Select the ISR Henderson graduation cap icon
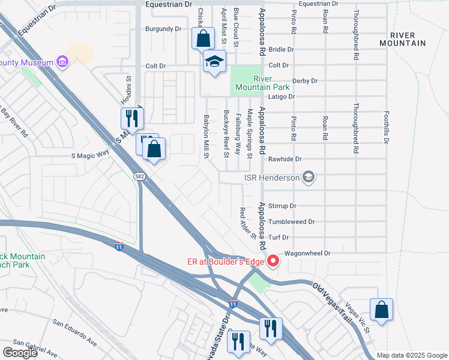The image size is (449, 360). click(309, 176)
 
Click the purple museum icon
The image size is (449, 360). click(62, 62)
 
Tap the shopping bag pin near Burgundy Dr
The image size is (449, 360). click(203, 38)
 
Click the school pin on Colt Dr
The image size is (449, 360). click(214, 62)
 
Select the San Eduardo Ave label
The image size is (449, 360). click(74, 332)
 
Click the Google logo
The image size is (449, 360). click(20, 353)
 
